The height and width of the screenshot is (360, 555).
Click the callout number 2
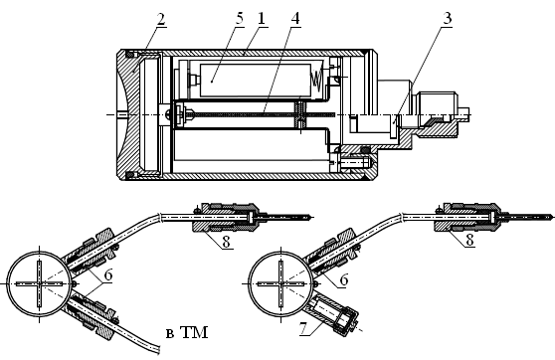161,20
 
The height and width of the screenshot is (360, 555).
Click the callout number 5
240,19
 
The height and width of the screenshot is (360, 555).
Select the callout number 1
262,19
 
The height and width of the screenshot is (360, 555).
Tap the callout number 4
295,19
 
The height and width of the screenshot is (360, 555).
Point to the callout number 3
448,19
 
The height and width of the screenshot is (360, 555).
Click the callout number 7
303,328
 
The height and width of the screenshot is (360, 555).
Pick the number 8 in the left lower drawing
226,242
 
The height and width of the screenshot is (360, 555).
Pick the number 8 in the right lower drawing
469,240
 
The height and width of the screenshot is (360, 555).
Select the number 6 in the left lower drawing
108,275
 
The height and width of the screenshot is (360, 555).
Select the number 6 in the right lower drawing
344,280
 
